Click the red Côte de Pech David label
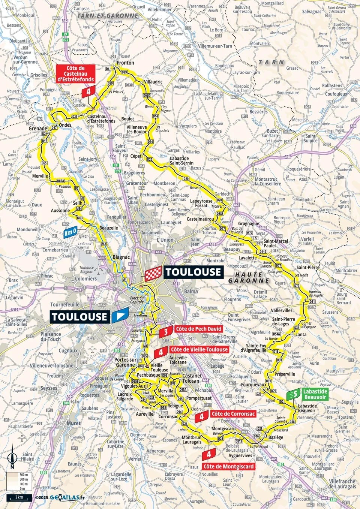[198, 329]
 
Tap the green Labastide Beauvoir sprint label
[315, 394]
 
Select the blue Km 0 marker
[70, 232]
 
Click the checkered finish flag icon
[153, 273]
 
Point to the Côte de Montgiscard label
[228, 467]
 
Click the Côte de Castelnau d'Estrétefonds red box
[75, 74]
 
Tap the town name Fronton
[125, 63]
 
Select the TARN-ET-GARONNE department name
[108, 16]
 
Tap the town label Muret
[73, 423]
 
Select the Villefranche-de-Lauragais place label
[342, 484]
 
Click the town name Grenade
[38, 128]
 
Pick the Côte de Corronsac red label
[232, 414]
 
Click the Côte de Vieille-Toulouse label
[199, 350]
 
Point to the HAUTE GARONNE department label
[249, 278]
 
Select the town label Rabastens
[332, 86]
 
